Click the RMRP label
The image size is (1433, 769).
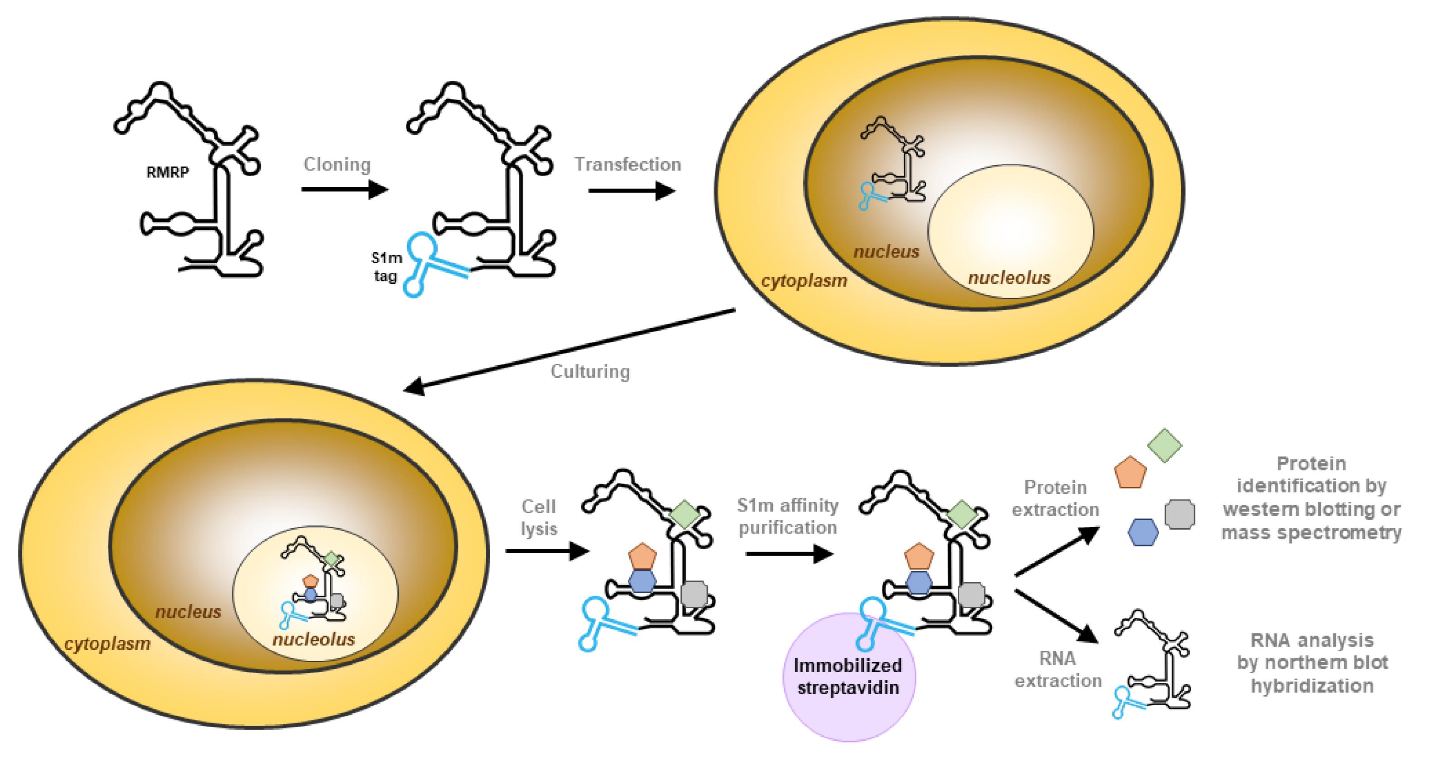167,172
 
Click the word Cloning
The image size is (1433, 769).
337,165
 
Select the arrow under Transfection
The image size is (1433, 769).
632,191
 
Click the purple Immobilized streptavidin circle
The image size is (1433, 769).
848,677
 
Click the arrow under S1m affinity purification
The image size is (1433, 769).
790,553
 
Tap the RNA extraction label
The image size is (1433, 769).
1058,670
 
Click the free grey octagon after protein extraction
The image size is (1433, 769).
1180,514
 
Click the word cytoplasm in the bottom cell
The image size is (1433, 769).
107,644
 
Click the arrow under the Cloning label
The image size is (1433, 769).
345,190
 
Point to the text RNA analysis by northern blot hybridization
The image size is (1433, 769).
1312,663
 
